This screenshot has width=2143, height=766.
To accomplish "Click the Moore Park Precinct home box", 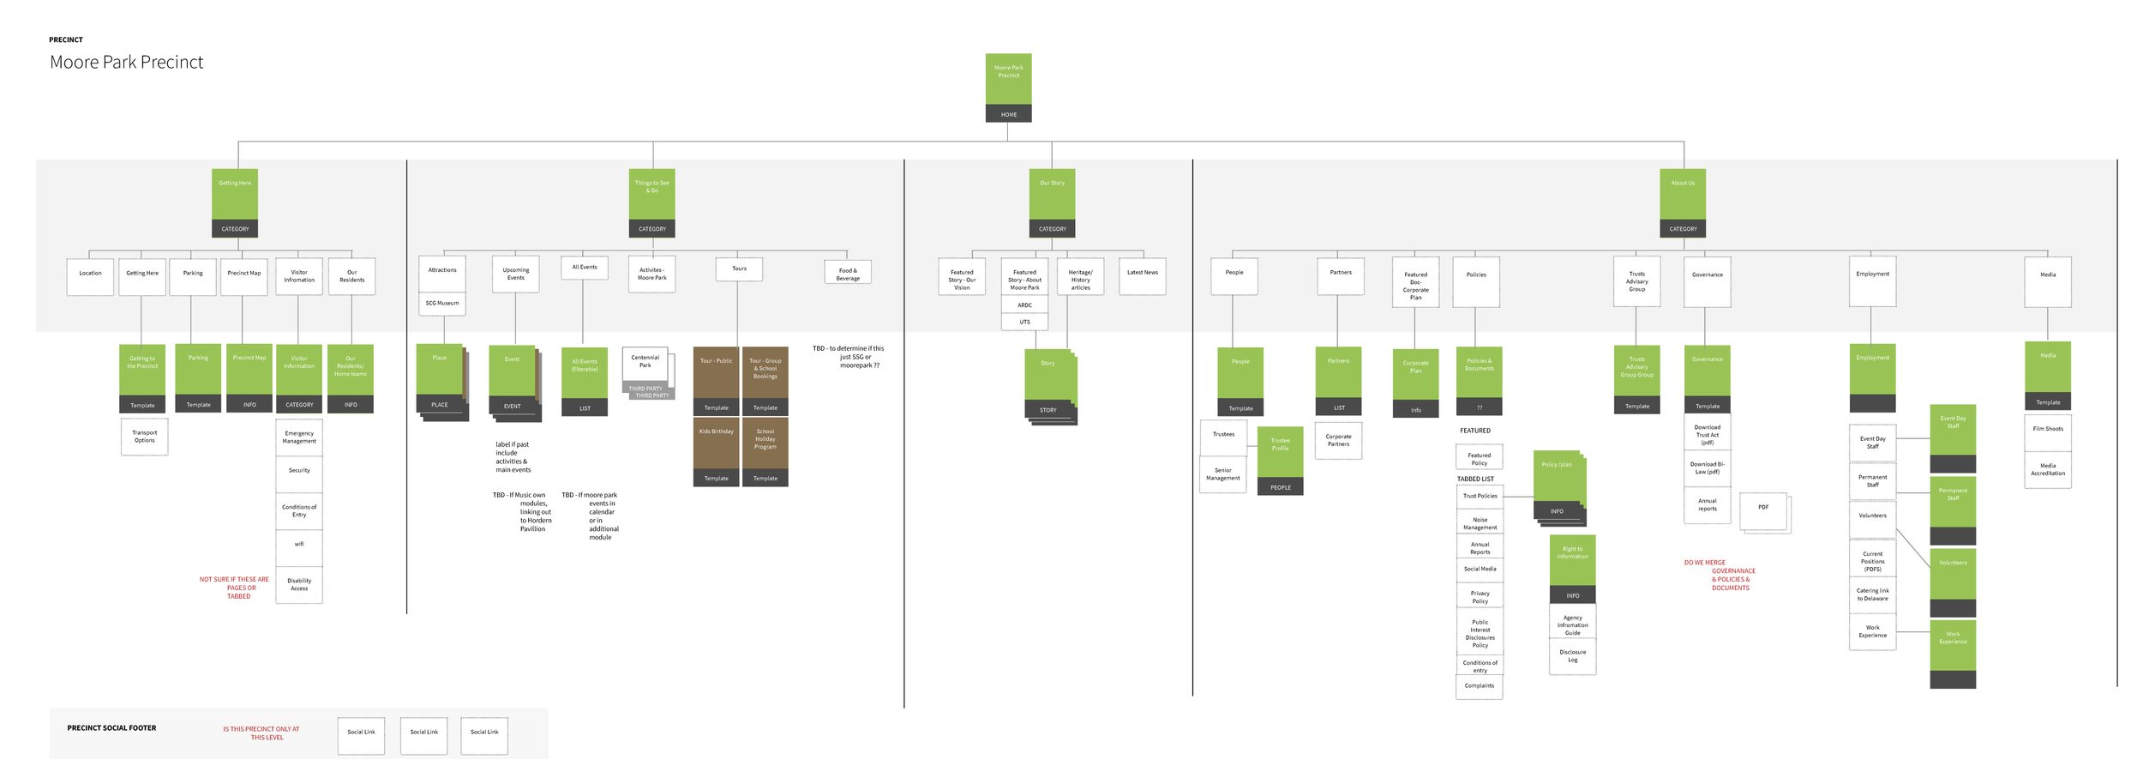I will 1008,87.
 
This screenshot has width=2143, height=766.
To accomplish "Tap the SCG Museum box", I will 442,304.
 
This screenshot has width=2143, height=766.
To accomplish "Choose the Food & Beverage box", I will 847,274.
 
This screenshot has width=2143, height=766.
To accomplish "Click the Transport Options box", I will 144,437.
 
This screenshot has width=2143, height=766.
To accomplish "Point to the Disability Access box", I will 299,584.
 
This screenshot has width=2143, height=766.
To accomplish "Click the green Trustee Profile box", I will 1280,461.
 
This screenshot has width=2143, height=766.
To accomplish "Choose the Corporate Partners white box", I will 1338,440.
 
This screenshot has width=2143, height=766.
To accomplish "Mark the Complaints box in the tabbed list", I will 1479,686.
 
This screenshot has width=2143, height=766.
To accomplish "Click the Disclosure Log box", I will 1572,656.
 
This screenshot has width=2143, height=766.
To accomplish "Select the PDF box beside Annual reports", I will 1763,510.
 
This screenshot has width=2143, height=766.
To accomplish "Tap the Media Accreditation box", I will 2047,470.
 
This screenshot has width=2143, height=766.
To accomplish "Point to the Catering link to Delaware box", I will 1872,594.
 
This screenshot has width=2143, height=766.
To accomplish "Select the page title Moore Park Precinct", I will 127,62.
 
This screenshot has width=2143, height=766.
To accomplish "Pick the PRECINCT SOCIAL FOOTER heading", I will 111,728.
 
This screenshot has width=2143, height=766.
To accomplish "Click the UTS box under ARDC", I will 1024,323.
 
